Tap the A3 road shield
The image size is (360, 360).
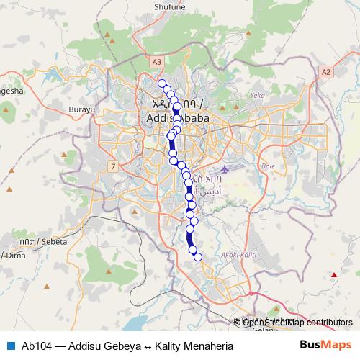coord(157,63)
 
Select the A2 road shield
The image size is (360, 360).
coord(326,71)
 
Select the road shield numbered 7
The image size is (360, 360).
coord(113,167)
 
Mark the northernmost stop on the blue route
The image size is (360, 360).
coord(162,83)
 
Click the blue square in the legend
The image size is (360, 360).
coord(10,346)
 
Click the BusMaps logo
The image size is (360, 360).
coord(325,345)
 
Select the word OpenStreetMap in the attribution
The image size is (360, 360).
coord(271,323)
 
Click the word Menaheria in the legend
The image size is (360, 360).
coord(208,346)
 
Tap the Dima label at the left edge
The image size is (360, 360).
coord(12,256)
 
